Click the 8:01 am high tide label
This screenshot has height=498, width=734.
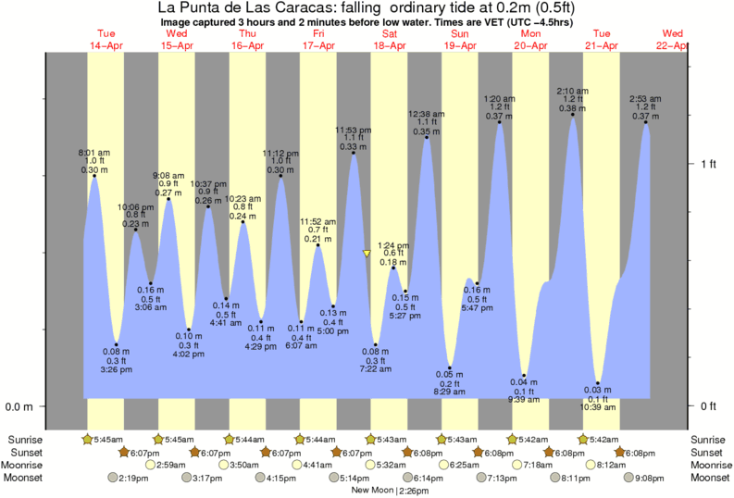93,160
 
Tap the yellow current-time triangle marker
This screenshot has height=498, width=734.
367,253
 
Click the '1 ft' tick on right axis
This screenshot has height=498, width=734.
708,164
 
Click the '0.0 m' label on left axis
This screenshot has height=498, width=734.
20,406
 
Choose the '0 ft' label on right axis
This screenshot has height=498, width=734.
708,406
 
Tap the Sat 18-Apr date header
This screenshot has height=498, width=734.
389,39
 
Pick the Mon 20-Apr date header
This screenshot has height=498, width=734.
529,39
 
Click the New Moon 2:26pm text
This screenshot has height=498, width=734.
389,491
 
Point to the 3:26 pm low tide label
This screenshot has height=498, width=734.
117,361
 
